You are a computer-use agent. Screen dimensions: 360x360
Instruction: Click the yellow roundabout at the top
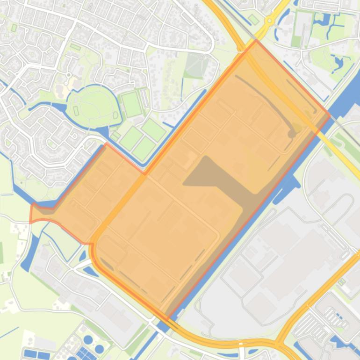point(269,21)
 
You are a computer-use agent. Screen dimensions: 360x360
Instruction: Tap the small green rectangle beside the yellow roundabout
point(253,19)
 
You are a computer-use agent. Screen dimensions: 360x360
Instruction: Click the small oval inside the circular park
point(115,115)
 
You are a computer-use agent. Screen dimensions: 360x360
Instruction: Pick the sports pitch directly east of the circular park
point(131,104)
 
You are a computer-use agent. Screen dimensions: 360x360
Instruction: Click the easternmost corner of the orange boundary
point(330,115)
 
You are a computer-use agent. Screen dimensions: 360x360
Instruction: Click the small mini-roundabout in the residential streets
point(69,75)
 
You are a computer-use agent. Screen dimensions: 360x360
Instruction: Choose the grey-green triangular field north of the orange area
point(195,66)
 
